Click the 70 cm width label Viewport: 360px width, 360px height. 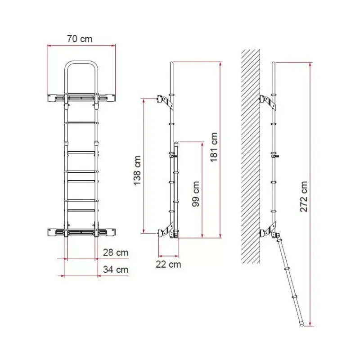80,39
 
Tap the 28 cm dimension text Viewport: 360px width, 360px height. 116,252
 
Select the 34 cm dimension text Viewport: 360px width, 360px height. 116,269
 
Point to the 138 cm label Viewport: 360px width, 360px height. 137,171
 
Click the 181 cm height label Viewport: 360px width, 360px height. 214,147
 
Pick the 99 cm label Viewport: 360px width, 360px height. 196,194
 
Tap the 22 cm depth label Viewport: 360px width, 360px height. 168,264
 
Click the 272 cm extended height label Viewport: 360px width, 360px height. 303,197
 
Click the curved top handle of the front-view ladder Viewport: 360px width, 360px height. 81,62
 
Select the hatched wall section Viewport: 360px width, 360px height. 251,157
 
